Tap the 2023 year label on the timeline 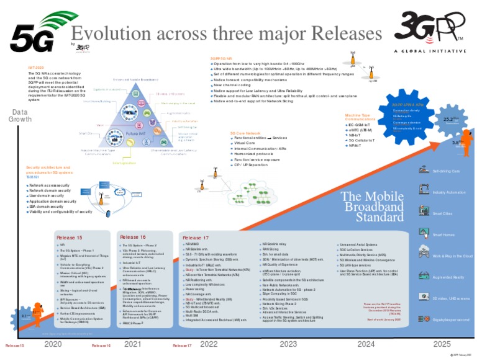pos(288,343)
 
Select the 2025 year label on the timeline pos(442,343)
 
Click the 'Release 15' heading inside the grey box pos(70,238)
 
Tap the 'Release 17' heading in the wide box pos(196,238)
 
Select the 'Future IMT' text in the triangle pos(135,133)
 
